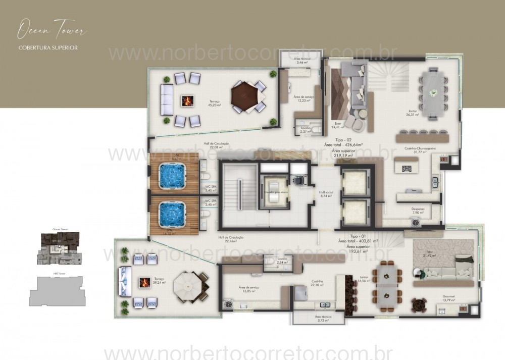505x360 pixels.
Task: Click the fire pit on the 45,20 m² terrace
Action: [x=187, y=100]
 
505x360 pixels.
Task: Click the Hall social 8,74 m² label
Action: [x=325, y=193]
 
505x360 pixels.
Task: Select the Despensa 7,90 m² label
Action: [x=417, y=211]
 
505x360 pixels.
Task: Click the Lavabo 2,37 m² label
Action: [x=305, y=130]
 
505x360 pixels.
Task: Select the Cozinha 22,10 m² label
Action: [x=317, y=283]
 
